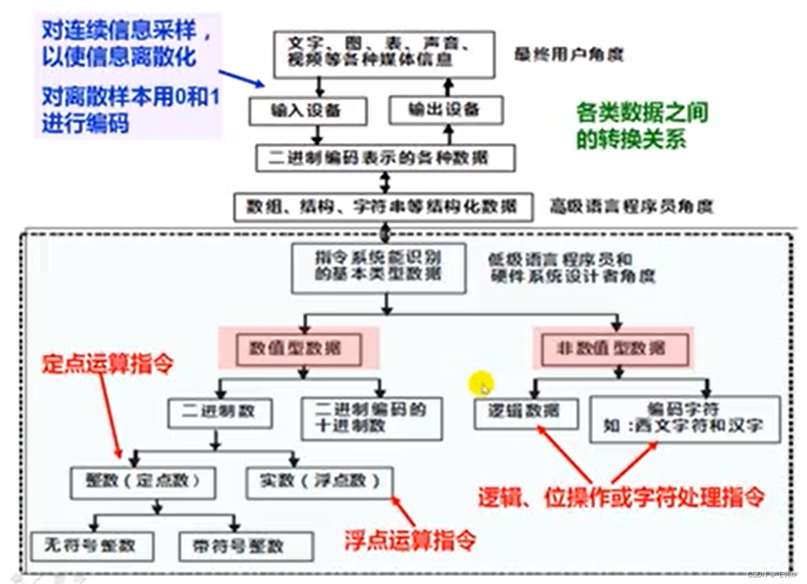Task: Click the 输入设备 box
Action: pyautogui.click(x=307, y=111)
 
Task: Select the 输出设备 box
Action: pyautogui.click(x=445, y=110)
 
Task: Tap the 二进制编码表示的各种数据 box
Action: pyautogui.click(x=385, y=158)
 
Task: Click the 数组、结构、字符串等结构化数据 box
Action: pyautogui.click(x=383, y=207)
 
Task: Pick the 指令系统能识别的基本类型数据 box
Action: pyautogui.click(x=379, y=268)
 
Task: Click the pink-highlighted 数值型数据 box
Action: pyautogui.click(x=299, y=349)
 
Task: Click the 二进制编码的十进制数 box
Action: pyautogui.click(x=372, y=418)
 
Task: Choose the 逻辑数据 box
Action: pyautogui.click(x=525, y=413)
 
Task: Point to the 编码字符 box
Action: pyautogui.click(x=684, y=419)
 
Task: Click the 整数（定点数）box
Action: pyautogui.click(x=143, y=482)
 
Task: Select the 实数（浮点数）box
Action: pyautogui.click(x=318, y=482)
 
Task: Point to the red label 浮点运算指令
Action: pyautogui.click(x=410, y=540)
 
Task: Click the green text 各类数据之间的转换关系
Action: pyautogui.click(x=642, y=126)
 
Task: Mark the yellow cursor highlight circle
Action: pyautogui.click(x=482, y=386)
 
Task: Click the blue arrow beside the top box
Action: pyautogui.click(x=241, y=78)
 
